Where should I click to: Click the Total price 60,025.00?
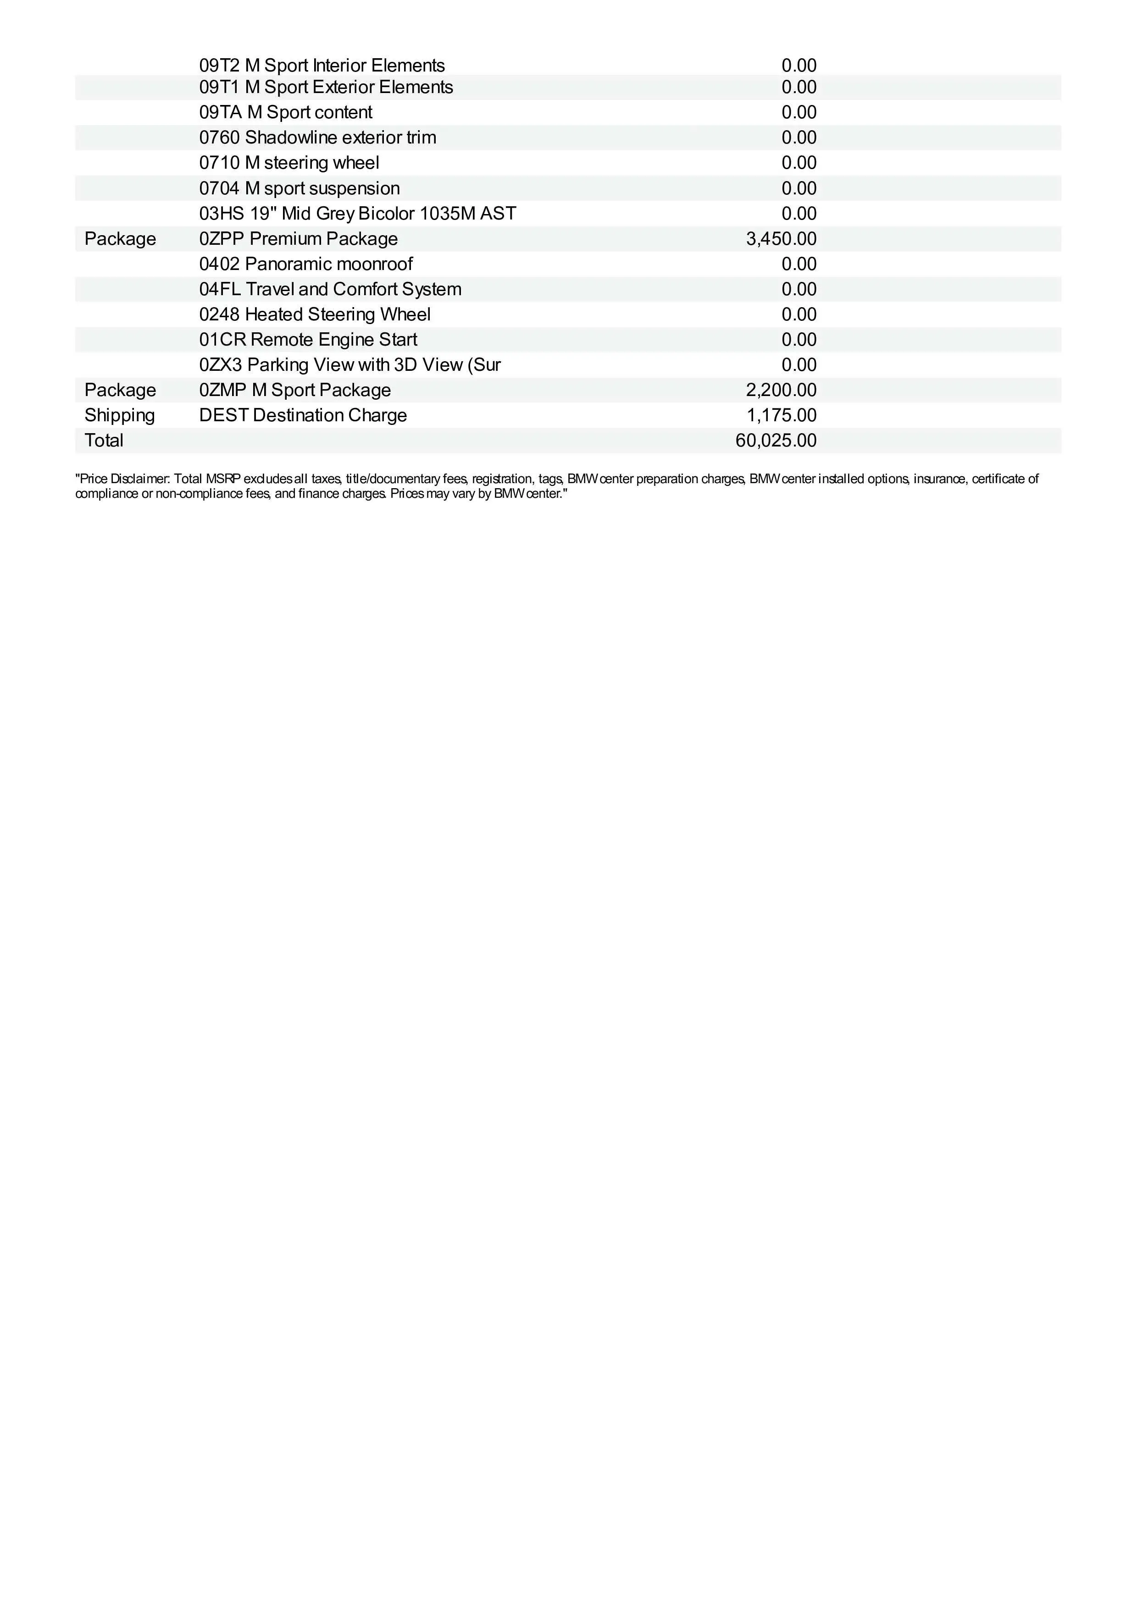pyautogui.click(x=776, y=441)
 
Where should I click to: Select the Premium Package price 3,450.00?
pyautogui.click(x=781, y=239)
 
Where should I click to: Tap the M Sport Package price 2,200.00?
pyautogui.click(x=781, y=390)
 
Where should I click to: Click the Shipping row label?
pyautogui.click(x=120, y=415)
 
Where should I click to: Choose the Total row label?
pyautogui.click(x=104, y=441)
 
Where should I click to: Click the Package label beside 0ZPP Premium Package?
pyautogui.click(x=120, y=239)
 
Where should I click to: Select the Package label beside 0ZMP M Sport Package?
pyautogui.click(x=120, y=390)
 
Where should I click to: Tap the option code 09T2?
pyautogui.click(x=219, y=66)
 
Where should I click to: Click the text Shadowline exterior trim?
pyautogui.click(x=340, y=137)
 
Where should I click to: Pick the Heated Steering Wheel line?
pyautogui.click(x=337, y=314)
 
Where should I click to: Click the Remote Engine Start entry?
pyautogui.click(x=333, y=340)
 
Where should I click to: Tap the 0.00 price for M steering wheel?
pyautogui.click(x=799, y=163)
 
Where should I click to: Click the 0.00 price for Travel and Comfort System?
pyautogui.click(x=799, y=289)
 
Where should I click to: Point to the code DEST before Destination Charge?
pyautogui.click(x=223, y=415)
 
